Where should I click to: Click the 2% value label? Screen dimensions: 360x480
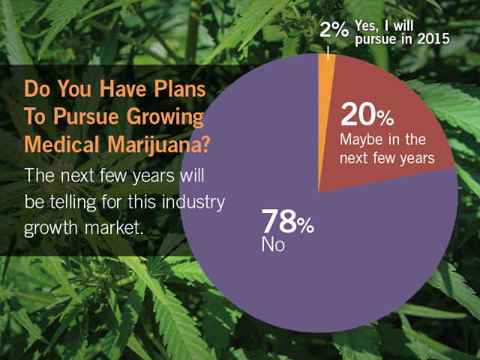(334, 29)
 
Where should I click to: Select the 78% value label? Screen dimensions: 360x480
(286, 222)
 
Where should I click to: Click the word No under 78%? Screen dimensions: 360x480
(272, 244)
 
